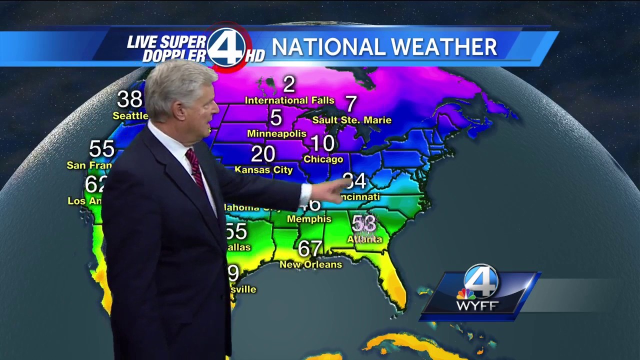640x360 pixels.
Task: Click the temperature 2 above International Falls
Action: pyautogui.click(x=289, y=84)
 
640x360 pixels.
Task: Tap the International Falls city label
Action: pyautogui.click(x=289, y=100)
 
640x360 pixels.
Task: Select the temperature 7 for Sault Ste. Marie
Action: pyautogui.click(x=351, y=104)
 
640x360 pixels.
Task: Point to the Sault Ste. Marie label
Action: pyautogui.click(x=351, y=120)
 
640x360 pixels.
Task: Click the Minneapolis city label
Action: pyautogui.click(x=276, y=133)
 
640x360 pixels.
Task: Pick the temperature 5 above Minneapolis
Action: pyautogui.click(x=276, y=117)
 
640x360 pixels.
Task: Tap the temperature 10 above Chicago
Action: pyautogui.click(x=322, y=143)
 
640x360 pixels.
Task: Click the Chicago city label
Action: pyautogui.click(x=323, y=159)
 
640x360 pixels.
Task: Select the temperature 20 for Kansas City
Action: pyautogui.click(x=263, y=154)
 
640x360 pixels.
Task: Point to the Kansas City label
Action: pyautogui.click(x=263, y=170)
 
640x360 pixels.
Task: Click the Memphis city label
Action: pyautogui.click(x=309, y=219)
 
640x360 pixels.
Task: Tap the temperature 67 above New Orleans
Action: pyautogui.click(x=310, y=248)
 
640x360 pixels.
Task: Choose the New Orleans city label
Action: pyautogui.click(x=310, y=264)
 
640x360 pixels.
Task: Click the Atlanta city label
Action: pyautogui.click(x=364, y=239)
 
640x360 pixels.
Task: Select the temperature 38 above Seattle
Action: pyautogui.click(x=130, y=99)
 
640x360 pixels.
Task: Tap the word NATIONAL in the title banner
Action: pyautogui.click(x=325, y=47)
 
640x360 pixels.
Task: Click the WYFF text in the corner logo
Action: pyautogui.click(x=477, y=305)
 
